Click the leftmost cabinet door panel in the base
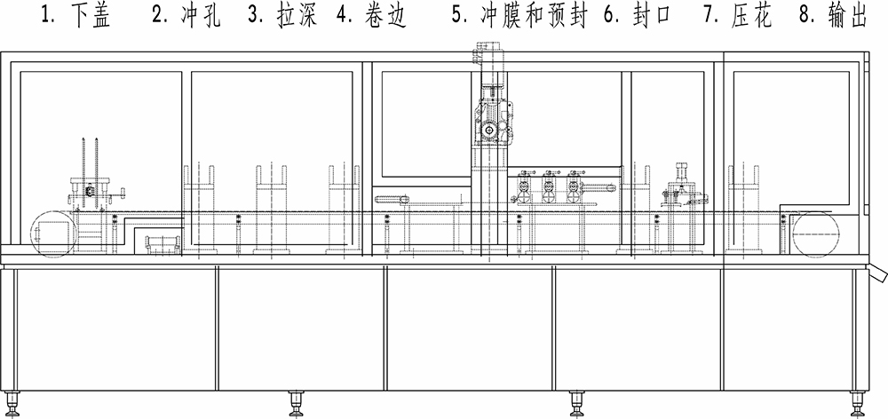116,328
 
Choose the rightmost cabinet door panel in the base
789,328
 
